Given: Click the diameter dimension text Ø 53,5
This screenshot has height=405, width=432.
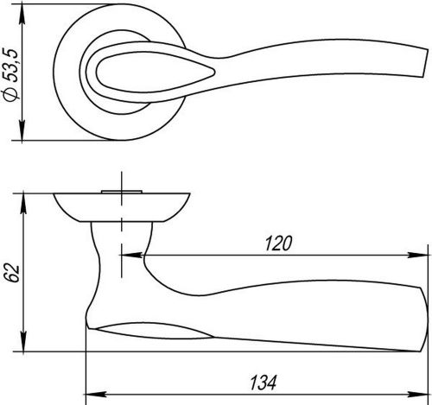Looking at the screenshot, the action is (11, 74).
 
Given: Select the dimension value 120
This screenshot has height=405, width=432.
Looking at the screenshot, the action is (278, 244).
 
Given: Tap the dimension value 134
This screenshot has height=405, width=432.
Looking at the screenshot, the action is (264, 383).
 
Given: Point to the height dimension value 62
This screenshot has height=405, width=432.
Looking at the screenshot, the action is (12, 272).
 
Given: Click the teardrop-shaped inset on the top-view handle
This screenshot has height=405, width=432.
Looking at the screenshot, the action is (156, 72).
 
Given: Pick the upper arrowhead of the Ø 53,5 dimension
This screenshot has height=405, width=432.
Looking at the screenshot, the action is (22, 16).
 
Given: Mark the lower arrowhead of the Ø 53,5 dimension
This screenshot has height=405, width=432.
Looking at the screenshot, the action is (22, 130).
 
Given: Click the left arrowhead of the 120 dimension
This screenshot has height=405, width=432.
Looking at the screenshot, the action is (131, 255).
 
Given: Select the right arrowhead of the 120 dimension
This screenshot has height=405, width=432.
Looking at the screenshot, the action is (418, 255).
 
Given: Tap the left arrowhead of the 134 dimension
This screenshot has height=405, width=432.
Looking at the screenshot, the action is (97, 395).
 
